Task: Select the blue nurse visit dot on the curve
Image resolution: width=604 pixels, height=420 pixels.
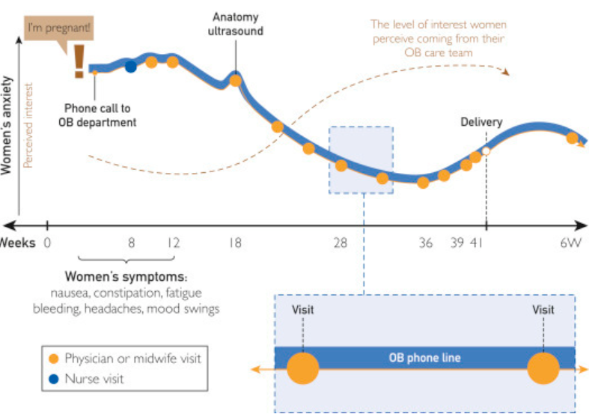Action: (131, 66)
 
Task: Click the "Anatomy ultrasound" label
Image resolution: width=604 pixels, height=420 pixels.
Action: (236, 24)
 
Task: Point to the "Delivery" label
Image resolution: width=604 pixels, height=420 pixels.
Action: (481, 122)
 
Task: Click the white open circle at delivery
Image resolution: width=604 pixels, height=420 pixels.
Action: (486, 151)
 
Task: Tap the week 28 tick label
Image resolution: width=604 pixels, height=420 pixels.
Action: (341, 243)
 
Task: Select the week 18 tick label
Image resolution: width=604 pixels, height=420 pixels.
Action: (235, 243)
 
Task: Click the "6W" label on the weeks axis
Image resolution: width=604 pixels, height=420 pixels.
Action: (572, 243)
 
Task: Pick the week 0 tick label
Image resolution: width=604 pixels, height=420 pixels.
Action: (47, 243)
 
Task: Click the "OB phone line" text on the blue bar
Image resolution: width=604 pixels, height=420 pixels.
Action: (424, 358)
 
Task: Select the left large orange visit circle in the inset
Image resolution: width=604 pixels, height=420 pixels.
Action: (303, 368)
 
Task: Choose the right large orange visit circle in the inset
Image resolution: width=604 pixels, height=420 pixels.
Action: (543, 368)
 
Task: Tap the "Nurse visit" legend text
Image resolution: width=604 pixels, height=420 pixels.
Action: (95, 379)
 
